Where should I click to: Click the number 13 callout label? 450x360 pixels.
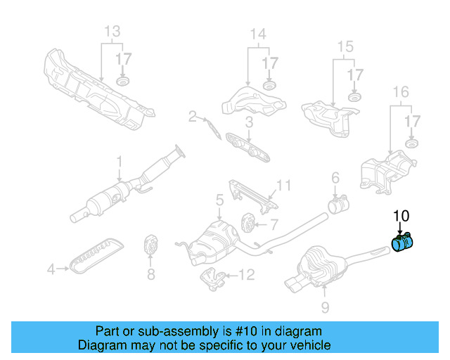112,32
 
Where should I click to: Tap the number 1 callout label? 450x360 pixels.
119,160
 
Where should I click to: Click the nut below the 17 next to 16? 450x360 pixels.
411,145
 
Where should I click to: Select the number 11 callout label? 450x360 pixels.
283,186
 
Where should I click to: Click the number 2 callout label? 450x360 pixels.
192,117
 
